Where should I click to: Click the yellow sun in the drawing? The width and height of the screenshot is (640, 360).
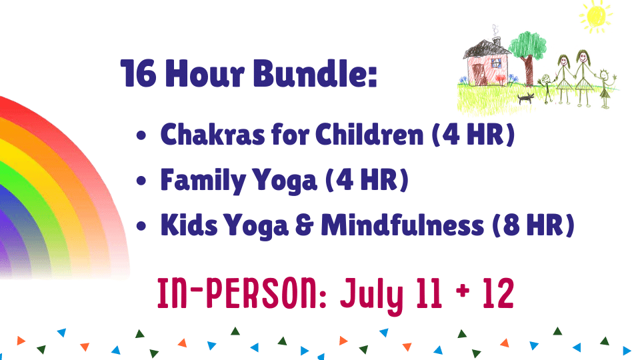596,15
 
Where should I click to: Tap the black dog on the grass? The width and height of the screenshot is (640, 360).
526,98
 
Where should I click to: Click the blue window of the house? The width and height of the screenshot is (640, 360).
496,63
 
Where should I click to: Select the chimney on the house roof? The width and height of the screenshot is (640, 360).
497,41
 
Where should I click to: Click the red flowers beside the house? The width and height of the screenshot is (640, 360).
501,78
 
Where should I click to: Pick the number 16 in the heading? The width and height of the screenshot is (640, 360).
139,73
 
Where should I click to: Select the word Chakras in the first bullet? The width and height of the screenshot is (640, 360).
212,134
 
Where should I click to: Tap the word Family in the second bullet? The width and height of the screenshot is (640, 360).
203,181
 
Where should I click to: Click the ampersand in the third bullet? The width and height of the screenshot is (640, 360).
305,225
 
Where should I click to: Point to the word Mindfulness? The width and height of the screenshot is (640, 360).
403,225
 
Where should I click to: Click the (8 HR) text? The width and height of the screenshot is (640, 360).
533,225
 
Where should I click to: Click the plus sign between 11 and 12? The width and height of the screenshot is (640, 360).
463,291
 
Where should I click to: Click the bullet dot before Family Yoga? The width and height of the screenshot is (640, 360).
141,181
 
